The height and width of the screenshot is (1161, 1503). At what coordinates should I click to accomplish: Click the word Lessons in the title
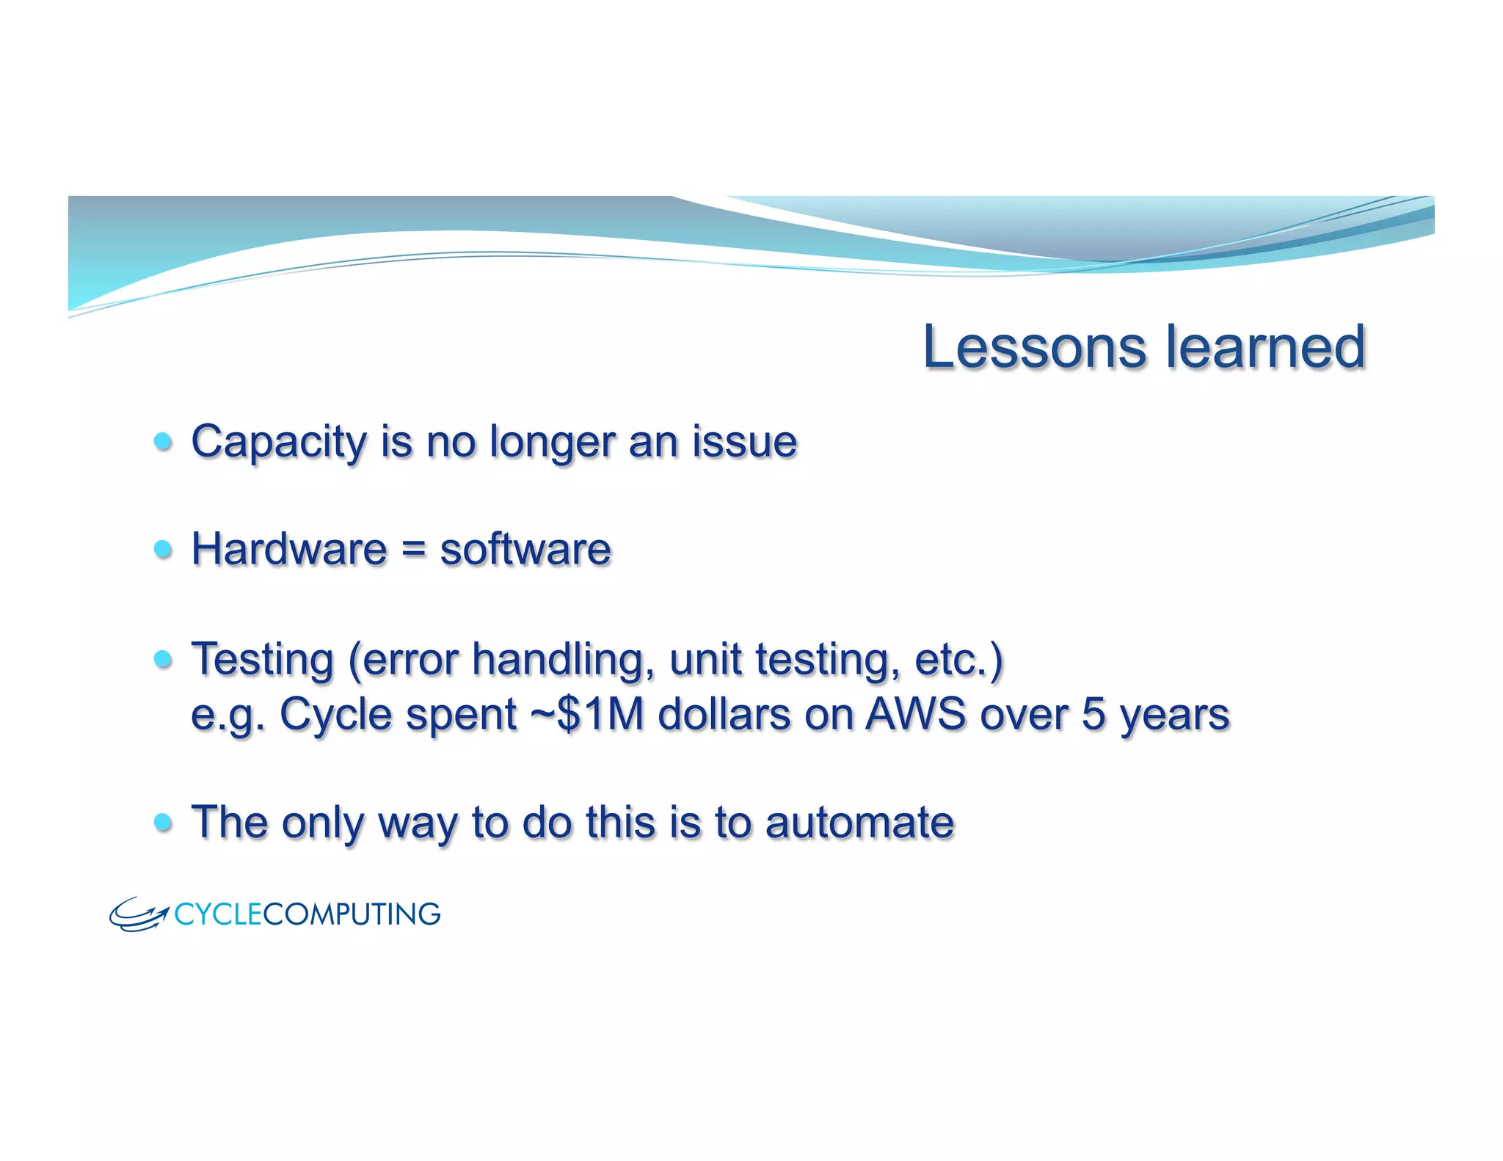[1034, 347]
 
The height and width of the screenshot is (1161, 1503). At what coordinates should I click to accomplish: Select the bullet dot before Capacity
[163, 442]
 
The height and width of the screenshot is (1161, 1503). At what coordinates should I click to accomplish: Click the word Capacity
[278, 443]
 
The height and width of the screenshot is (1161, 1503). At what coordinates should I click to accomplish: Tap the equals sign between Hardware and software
[414, 550]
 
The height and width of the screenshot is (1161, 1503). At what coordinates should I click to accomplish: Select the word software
[525, 550]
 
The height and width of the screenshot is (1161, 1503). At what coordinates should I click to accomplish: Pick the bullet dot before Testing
[163, 658]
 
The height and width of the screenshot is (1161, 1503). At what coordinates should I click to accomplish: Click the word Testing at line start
[263, 659]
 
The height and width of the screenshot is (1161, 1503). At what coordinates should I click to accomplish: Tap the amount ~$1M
[587, 714]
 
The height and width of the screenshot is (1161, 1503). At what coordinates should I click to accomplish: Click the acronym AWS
[915, 714]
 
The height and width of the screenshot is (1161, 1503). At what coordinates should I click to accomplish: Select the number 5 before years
[1093, 714]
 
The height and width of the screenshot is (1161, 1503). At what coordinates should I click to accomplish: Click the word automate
[859, 822]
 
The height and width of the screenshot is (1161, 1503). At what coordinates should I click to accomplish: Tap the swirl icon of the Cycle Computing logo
[138, 914]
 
